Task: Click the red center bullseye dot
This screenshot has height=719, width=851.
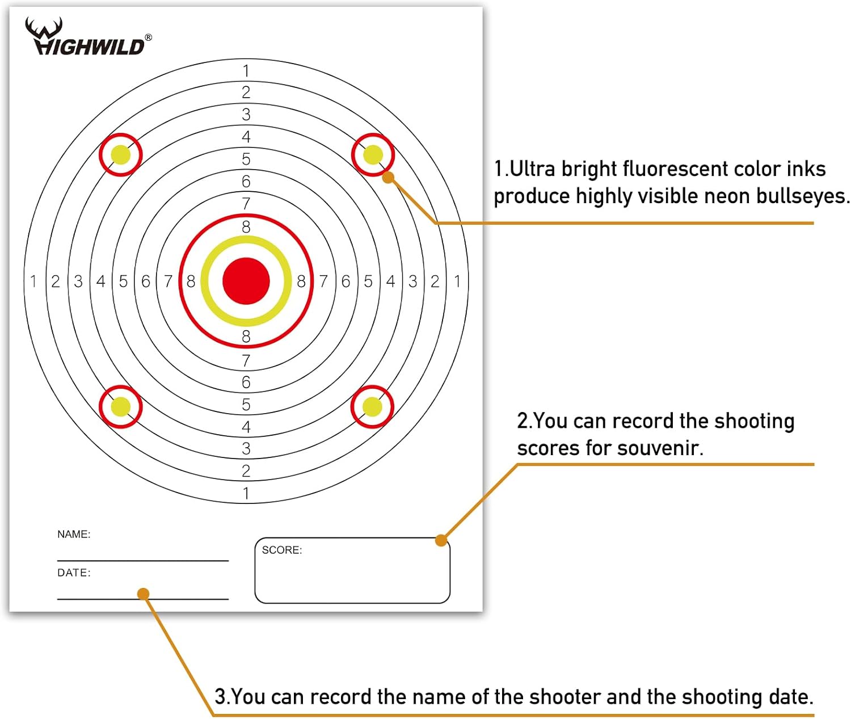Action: click(246, 281)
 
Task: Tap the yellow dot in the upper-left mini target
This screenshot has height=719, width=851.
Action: click(121, 154)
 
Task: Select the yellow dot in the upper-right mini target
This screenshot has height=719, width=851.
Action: click(373, 154)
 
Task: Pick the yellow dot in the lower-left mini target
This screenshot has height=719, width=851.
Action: click(121, 406)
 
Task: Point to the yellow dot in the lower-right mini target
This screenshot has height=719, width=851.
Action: click(372, 406)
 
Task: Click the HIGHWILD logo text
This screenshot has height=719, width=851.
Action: click(89, 45)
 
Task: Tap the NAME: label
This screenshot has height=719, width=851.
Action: click(74, 534)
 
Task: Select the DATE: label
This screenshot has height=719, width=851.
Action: click(74, 573)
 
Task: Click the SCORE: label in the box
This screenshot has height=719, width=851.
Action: click(281, 550)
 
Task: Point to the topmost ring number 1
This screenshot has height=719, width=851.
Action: click(246, 71)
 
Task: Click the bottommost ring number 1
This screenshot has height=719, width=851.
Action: click(246, 494)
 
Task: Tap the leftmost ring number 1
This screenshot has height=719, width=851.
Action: click(33, 281)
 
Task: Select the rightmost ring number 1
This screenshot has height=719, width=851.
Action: click(457, 281)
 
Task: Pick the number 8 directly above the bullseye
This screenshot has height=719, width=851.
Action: click(246, 226)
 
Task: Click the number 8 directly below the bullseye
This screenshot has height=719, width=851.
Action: click(246, 337)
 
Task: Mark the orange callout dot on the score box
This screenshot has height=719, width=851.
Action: click(441, 540)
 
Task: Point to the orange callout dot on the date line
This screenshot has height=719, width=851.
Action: click(143, 594)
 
